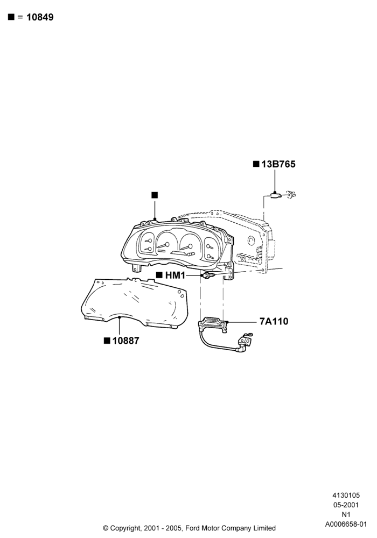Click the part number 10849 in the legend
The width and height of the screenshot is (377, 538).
click(x=40, y=17)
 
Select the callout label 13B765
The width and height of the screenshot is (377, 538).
click(x=278, y=164)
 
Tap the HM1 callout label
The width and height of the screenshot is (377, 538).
click(x=175, y=275)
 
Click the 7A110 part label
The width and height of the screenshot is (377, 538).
click(x=274, y=322)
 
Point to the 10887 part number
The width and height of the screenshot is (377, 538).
click(x=125, y=341)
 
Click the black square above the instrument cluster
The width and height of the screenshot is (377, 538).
click(x=155, y=195)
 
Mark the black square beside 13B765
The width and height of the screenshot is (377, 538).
click(x=256, y=164)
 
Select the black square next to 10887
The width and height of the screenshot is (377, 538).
click(x=107, y=341)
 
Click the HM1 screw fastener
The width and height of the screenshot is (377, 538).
click(x=208, y=275)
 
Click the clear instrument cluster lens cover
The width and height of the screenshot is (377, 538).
click(x=135, y=303)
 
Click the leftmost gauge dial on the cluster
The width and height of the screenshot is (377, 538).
click(x=147, y=243)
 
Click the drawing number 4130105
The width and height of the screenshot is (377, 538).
click(x=346, y=495)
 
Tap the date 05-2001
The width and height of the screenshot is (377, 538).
click(x=346, y=505)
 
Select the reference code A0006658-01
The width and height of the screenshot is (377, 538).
click(x=346, y=524)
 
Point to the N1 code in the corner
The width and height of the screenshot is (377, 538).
click(x=346, y=514)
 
